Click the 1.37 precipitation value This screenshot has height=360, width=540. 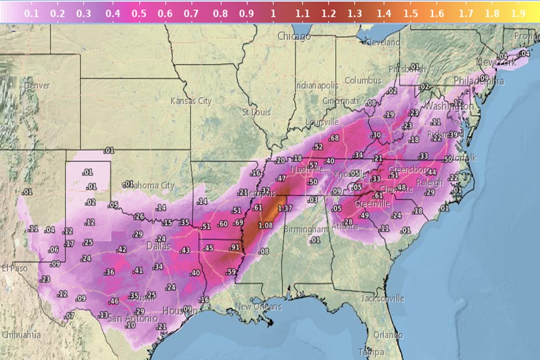point(286,208)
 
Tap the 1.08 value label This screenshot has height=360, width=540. point(265,225)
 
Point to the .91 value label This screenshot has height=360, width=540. point(234,247)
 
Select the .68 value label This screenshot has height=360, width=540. point(334,139)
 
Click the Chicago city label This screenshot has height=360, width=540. point(294,37)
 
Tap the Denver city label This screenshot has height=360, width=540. point(37,86)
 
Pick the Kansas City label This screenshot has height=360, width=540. point(191,101)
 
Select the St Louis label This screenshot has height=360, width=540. point(256,112)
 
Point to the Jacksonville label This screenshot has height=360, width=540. point(383,298)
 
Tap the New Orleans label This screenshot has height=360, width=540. point(258,307)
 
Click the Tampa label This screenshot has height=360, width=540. point(370,352)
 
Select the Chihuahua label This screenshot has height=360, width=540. point(21,334)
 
